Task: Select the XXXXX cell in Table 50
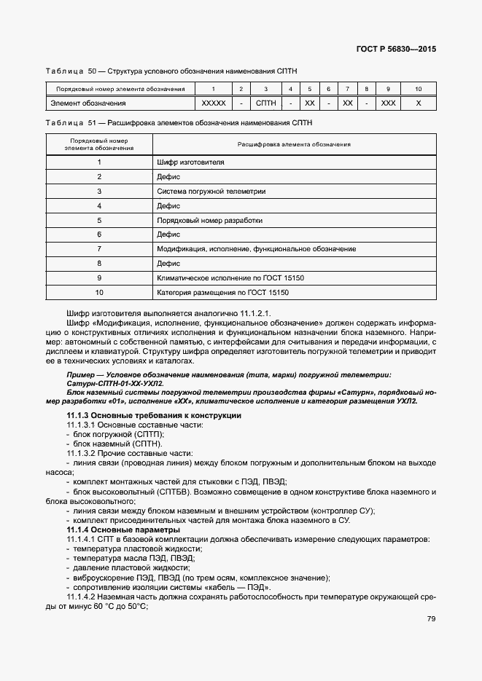pyautogui.click(x=213, y=103)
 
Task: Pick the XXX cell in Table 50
pyautogui.click(x=388, y=103)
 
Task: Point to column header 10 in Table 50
pyautogui.click(x=418, y=89)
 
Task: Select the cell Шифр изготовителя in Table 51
pyautogui.click(x=190, y=162)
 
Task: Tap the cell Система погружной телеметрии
pyautogui.click(x=211, y=191)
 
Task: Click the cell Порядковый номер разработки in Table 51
pyautogui.click(x=209, y=220)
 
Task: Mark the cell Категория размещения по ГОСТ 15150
pyautogui.click(x=223, y=293)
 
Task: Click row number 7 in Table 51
pyautogui.click(x=98, y=249)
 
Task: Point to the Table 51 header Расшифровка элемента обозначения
pyautogui.click(x=295, y=144)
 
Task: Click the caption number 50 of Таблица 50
pyautogui.click(x=92, y=71)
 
